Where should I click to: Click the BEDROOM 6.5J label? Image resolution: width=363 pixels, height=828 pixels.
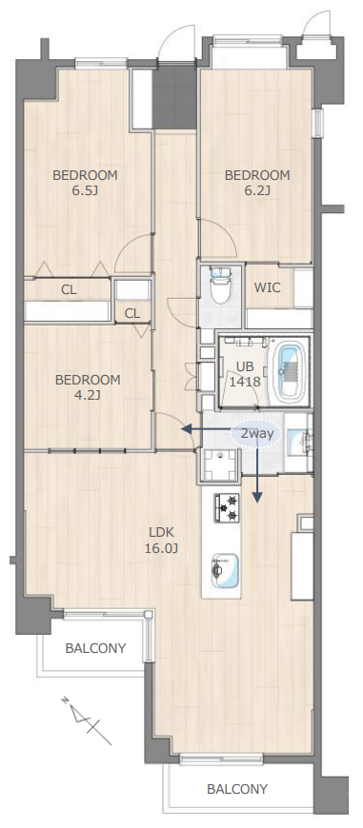85,183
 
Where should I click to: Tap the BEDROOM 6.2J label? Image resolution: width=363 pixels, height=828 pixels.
257,183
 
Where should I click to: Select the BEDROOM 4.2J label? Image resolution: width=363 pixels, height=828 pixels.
88,387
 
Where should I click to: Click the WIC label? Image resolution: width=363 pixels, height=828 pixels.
267,288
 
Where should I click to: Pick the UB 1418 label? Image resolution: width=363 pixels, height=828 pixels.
245,374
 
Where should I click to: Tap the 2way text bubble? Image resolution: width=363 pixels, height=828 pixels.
256,434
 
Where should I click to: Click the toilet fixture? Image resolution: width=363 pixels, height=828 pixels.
220,286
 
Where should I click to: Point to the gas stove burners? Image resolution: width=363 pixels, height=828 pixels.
226,507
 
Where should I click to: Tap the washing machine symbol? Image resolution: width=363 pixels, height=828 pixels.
218,464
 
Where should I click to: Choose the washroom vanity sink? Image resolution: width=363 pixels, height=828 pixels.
298,439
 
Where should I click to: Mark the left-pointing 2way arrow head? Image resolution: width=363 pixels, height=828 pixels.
185,429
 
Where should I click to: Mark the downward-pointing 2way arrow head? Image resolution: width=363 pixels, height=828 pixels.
257,497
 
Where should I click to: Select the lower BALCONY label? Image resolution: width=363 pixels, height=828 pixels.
237,789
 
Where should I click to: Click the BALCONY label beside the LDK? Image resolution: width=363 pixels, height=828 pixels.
95,648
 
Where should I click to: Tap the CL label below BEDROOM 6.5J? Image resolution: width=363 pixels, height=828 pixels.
69,289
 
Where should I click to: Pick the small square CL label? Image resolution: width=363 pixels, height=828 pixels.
132,314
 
